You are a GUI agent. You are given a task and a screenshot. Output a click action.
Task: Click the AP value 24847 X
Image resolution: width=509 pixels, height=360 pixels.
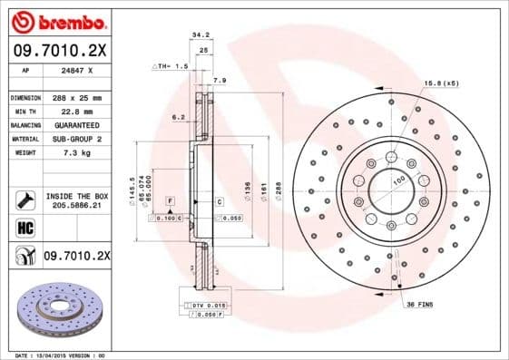[75, 69]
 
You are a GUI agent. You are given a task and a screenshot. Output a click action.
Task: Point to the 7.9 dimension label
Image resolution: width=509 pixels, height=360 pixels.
[218, 81]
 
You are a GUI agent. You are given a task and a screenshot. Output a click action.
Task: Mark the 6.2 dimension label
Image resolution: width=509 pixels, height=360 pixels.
[178, 117]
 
